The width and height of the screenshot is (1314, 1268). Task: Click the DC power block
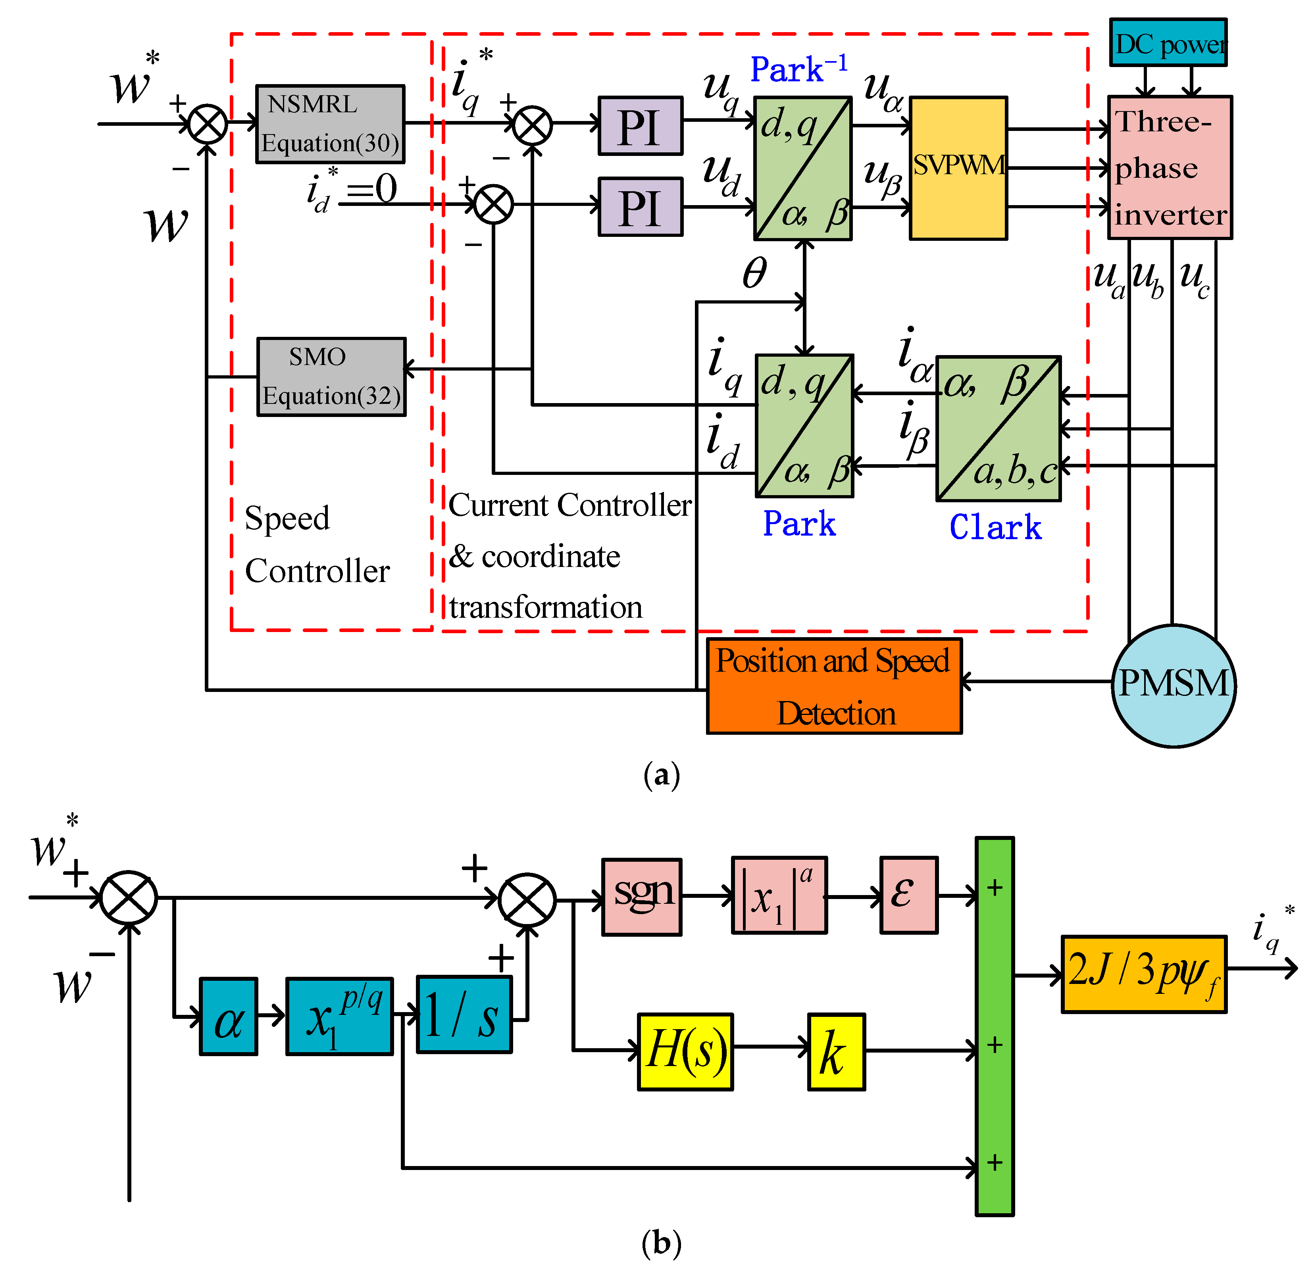(x=1168, y=42)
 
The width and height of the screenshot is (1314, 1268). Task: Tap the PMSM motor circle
(x=1173, y=685)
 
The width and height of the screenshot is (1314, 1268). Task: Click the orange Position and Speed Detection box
(x=834, y=686)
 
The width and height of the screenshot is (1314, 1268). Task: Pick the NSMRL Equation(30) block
(x=330, y=124)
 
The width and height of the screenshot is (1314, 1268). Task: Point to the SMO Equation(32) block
(x=331, y=377)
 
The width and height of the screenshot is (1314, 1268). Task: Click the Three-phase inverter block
(x=1170, y=167)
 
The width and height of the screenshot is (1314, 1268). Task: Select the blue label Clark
(x=996, y=527)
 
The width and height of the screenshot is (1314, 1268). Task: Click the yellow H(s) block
(x=685, y=1051)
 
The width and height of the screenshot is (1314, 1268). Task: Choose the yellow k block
(x=836, y=1051)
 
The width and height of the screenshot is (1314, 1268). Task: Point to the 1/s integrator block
(x=464, y=1014)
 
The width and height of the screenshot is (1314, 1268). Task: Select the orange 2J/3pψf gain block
(x=1144, y=974)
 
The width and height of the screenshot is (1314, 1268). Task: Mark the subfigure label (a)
(x=661, y=775)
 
